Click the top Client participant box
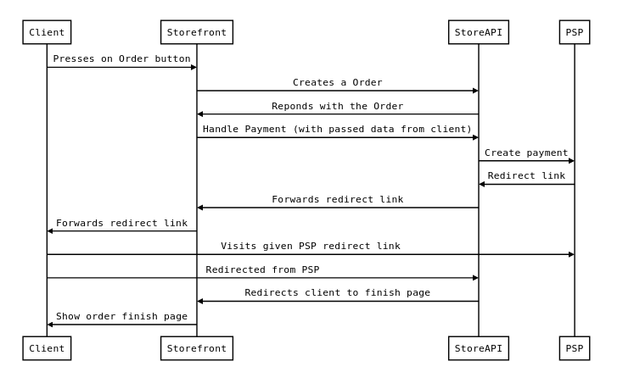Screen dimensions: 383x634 pyautogui.click(x=47, y=32)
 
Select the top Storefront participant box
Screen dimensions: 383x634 pyautogui.click(x=197, y=32)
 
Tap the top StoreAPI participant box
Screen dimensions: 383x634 pyautogui.click(x=479, y=32)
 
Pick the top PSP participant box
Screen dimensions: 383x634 pyautogui.click(x=575, y=32)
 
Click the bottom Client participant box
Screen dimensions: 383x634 pyautogui.click(x=47, y=348)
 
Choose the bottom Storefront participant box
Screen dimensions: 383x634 pyautogui.click(x=197, y=348)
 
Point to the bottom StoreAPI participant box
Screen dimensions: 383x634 pyautogui.click(x=479, y=348)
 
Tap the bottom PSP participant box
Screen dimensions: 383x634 pyautogui.click(x=575, y=348)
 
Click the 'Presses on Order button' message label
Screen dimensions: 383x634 pyautogui.click(x=121, y=58)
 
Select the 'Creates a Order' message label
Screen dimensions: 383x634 pyautogui.click(x=338, y=82)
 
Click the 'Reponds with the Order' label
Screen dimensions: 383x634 pyautogui.click(x=338, y=106)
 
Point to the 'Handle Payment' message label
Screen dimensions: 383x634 pyautogui.click(x=338, y=129)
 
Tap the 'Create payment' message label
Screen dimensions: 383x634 pyautogui.click(x=526, y=153)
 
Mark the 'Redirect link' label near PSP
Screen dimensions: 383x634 pyautogui.click(x=526, y=175)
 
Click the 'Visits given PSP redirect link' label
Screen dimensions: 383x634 pyautogui.click(x=311, y=246)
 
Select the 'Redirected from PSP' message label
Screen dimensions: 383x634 pyautogui.click(x=262, y=269)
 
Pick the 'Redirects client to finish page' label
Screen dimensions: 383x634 pyautogui.click(x=338, y=292)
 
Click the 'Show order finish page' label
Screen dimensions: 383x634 pyautogui.click(x=121, y=316)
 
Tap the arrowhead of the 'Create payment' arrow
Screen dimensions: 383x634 pyautogui.click(x=571, y=161)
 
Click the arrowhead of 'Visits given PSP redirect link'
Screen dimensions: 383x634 pyautogui.click(x=571, y=254)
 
